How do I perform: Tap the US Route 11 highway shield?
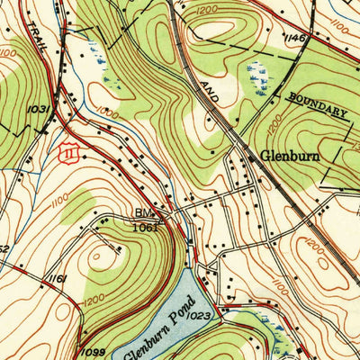[x=67, y=155]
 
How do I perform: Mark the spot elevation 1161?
[x=57, y=280]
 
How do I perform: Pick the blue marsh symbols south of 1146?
[x=259, y=76]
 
